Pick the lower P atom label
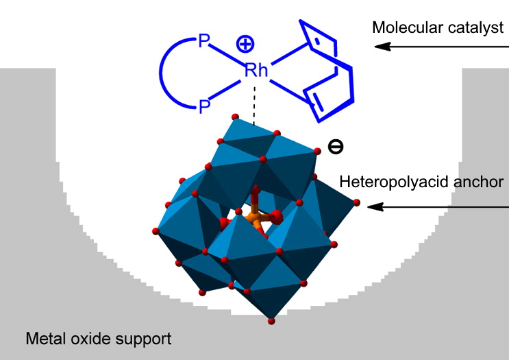click(203, 106)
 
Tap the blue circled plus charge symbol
click(245, 45)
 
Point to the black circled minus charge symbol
click(335, 146)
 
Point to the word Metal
click(44, 338)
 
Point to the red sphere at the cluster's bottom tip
click(272, 320)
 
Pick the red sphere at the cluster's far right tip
click(356, 202)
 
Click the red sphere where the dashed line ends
click(236, 117)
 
